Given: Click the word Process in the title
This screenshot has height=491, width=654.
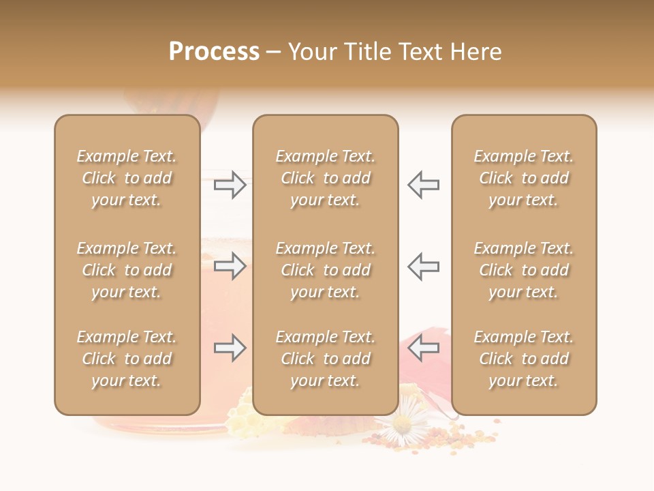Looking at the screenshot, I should (x=214, y=52).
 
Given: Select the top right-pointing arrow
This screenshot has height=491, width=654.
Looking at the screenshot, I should (x=230, y=185).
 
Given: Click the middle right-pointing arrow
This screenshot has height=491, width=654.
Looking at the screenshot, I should (x=230, y=265).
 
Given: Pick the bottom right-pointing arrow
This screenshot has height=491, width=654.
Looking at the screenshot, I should (x=230, y=348).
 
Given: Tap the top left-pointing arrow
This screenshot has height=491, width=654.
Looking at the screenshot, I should (x=424, y=185).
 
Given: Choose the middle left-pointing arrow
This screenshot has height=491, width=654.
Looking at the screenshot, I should (x=424, y=265).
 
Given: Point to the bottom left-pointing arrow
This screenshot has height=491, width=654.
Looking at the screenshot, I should (x=424, y=348).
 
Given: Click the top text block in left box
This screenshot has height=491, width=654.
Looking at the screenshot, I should (x=127, y=178).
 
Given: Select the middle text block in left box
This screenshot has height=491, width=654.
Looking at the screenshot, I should (x=127, y=270).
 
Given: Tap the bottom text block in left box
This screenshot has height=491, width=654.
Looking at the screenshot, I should (x=127, y=359).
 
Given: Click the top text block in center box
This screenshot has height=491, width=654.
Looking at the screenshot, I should (x=325, y=178).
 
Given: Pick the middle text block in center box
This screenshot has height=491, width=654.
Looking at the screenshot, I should (x=325, y=270).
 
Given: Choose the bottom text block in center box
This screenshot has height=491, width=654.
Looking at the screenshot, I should (x=325, y=359).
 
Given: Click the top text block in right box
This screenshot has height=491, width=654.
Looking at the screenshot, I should (x=523, y=178).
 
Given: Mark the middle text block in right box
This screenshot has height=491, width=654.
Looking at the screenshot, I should (x=523, y=270).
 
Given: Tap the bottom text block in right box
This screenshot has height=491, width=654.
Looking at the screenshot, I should (x=523, y=359).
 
